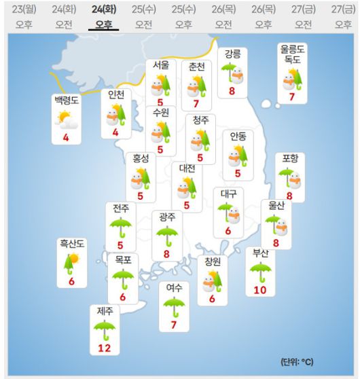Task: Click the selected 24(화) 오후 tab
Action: tap(104, 17)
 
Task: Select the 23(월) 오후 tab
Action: tap(24, 17)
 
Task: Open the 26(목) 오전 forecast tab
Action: tap(223, 17)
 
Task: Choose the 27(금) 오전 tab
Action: tap(304, 17)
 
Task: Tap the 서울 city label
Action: tap(161, 66)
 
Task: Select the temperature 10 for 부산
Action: tap(259, 290)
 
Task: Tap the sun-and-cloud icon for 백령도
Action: tap(66, 122)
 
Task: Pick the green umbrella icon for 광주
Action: tap(166, 236)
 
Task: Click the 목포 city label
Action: tap(123, 260)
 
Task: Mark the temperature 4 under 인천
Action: tap(115, 132)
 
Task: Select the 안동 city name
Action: tap(238, 136)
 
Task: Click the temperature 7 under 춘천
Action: tap(196, 104)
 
